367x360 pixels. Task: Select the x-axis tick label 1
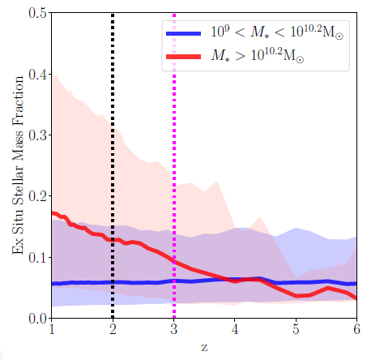pos(52,331)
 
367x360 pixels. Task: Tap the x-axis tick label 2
pos(113,331)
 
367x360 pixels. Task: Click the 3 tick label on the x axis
pos(174,331)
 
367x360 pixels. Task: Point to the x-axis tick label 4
pos(235,331)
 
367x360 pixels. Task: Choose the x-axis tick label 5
pos(296,331)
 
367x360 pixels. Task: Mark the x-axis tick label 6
pos(356,331)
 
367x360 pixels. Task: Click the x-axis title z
pos(204,347)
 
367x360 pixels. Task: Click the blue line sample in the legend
pos(189,34)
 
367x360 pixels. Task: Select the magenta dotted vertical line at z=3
pos(174,162)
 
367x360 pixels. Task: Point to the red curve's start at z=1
pos(53,212)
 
